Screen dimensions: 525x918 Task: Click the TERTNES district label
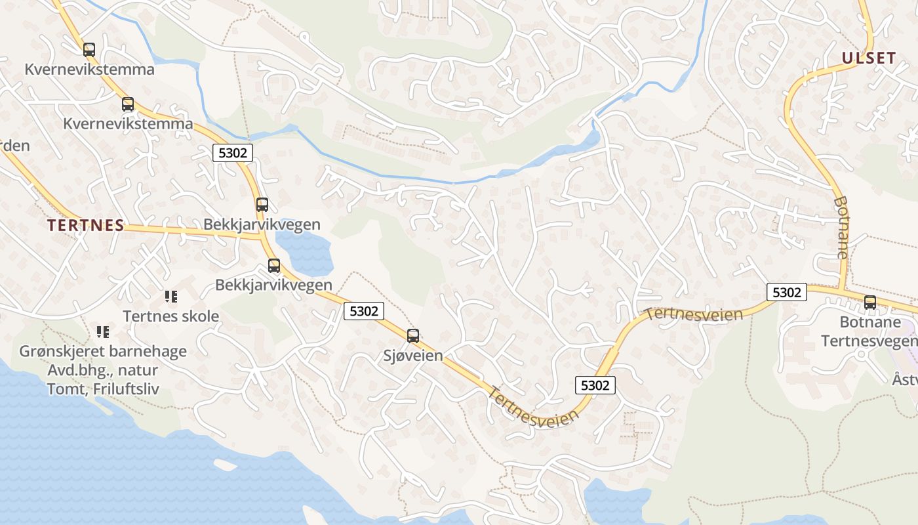pos(85,225)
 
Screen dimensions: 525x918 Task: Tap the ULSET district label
pos(869,58)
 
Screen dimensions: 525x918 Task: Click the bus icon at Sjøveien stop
pos(413,336)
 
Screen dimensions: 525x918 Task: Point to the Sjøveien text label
pos(413,356)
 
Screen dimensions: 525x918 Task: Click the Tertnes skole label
pos(171,316)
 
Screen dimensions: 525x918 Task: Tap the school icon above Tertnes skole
pos(171,297)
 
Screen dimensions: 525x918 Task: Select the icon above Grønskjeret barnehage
pos(103,332)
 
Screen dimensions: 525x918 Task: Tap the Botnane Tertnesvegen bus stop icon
pos(870,303)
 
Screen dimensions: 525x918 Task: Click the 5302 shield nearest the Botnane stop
pos(787,292)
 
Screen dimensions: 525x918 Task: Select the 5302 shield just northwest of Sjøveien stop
pos(364,311)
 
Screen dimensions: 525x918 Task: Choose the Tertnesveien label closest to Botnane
pos(694,314)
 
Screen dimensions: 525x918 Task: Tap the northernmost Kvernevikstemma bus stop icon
pos(89,50)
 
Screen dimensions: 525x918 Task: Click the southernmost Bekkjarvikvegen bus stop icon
pos(274,266)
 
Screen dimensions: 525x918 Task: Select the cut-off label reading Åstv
pos(905,379)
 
